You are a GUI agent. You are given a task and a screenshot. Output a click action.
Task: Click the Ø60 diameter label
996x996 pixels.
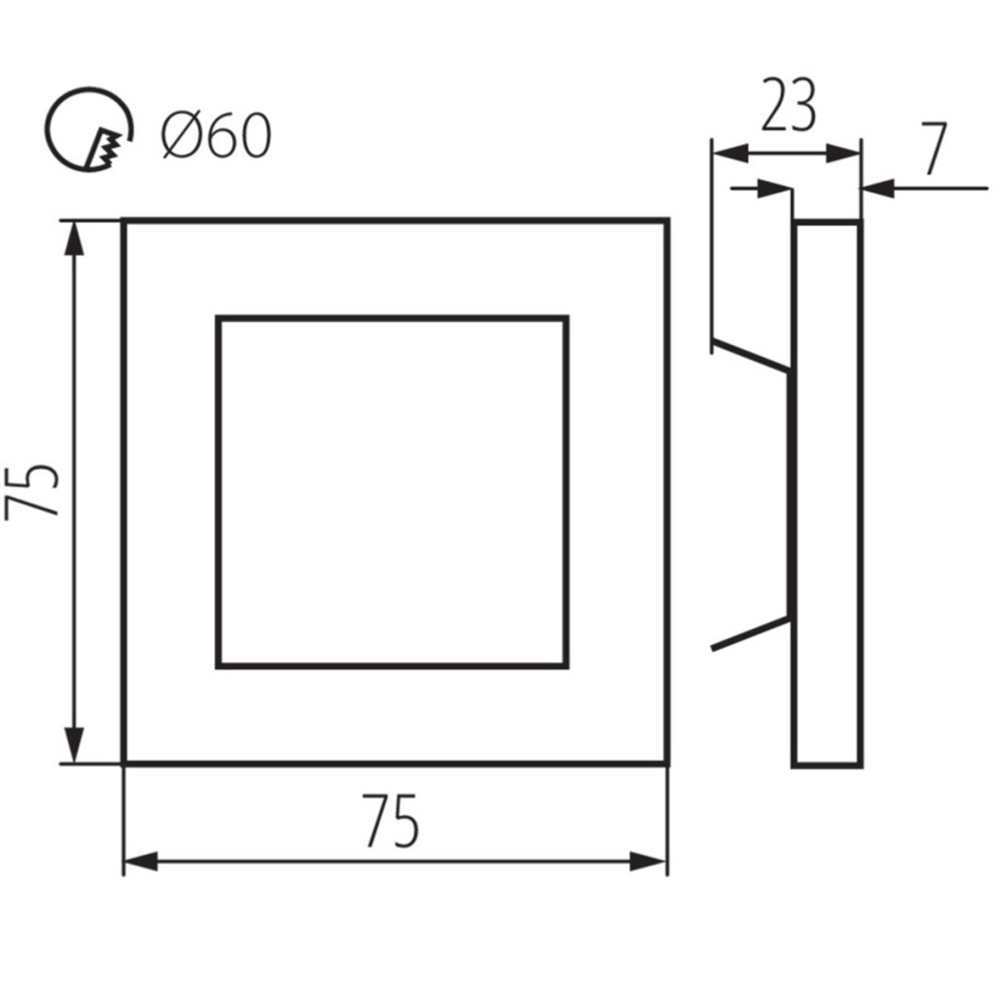click(217, 135)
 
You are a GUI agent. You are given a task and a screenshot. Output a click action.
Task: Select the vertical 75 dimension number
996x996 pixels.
click(32, 492)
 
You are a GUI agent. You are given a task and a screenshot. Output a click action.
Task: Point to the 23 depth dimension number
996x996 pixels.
click(788, 105)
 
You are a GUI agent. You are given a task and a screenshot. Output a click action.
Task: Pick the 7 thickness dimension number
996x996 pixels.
click(935, 149)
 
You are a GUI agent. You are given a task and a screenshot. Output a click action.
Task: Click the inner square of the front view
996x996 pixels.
click(393, 318)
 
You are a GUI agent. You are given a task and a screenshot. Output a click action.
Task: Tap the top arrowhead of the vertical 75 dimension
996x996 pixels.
click(75, 238)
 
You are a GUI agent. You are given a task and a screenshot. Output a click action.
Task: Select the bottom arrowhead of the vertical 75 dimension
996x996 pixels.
click(75, 745)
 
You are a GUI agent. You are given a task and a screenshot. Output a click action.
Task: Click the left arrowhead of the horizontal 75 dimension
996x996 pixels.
click(141, 862)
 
